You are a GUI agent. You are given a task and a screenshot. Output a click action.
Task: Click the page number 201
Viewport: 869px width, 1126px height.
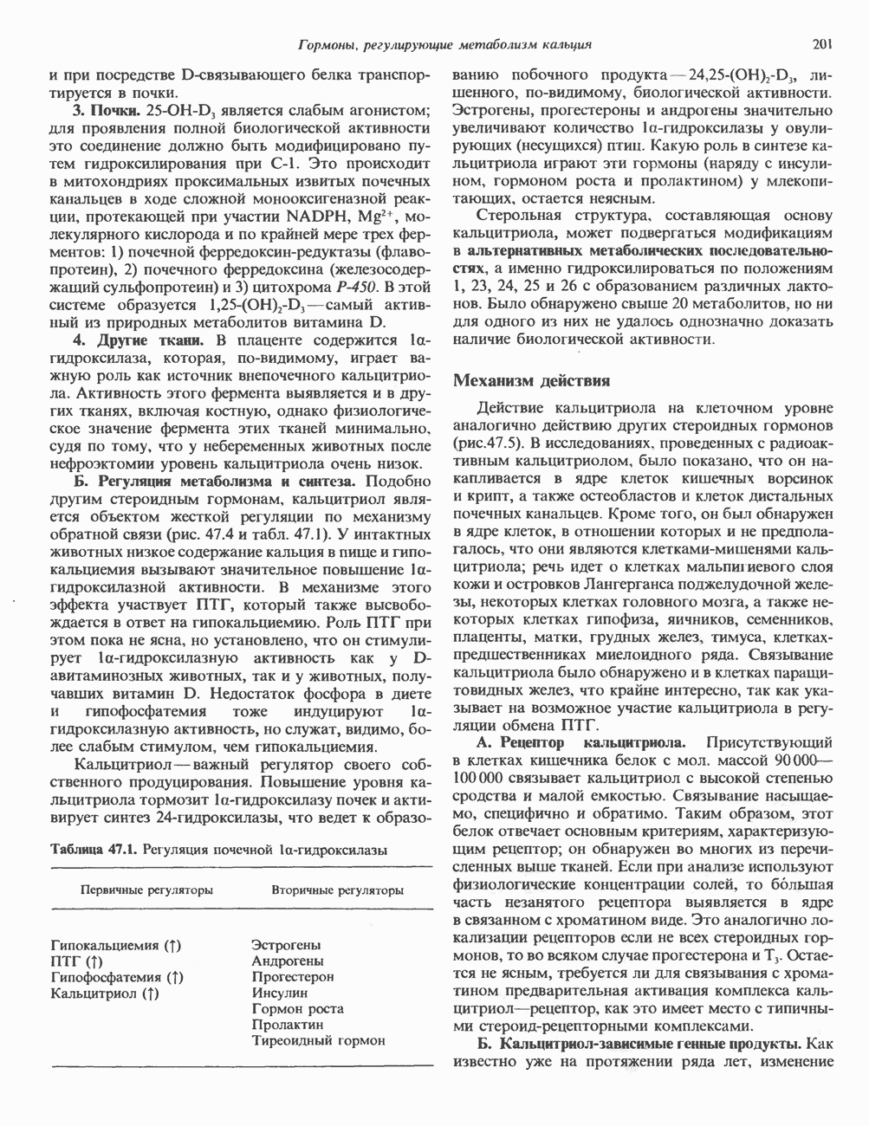click(823, 44)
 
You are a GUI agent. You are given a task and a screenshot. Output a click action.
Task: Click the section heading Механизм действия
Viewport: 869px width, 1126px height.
click(532, 380)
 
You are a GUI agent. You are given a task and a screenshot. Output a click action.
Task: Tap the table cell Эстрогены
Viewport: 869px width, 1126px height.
click(286, 945)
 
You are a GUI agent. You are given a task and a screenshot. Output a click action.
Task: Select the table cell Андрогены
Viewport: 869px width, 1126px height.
click(288, 961)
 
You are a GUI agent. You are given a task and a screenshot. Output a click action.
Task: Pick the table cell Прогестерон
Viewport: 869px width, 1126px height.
click(292, 976)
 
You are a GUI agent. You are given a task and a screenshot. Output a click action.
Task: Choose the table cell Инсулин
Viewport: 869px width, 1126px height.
click(279, 993)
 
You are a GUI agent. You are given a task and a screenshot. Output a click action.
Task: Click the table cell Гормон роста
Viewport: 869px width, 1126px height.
click(297, 1008)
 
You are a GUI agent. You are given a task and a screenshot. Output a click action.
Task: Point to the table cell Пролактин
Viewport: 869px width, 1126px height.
click(287, 1025)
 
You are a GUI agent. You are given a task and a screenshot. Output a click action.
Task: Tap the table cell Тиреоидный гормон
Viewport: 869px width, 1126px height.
click(318, 1041)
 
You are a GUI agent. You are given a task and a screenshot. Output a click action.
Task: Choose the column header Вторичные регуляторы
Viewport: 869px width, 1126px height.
click(337, 890)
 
